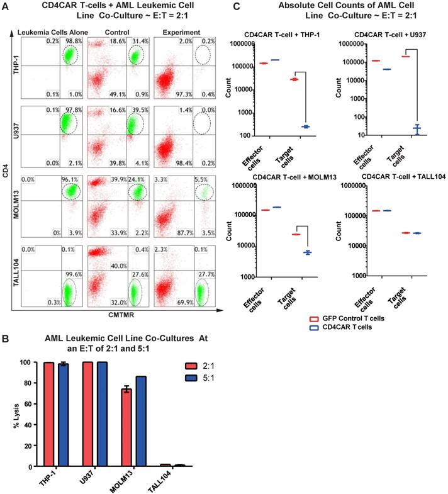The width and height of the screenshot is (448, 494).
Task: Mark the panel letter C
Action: click(x=236, y=7)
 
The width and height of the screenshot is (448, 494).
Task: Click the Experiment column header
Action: click(x=181, y=31)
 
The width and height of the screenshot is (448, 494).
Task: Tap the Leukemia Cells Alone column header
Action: click(x=53, y=31)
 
